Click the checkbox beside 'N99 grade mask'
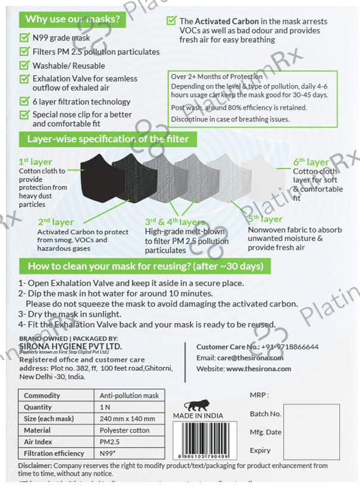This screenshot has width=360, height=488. coord(24,38)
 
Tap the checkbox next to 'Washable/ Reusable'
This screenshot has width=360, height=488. coord(24,65)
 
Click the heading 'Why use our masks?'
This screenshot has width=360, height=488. coord(73,18)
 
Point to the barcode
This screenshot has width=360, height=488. coord(208,438)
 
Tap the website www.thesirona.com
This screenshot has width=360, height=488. coord(258,368)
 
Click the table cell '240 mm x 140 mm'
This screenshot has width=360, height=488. coord(127,418)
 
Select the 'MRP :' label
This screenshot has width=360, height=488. coord(259,395)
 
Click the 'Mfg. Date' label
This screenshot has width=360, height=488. coord(265,432)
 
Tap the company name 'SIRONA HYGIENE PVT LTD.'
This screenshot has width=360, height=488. coord(70,346)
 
